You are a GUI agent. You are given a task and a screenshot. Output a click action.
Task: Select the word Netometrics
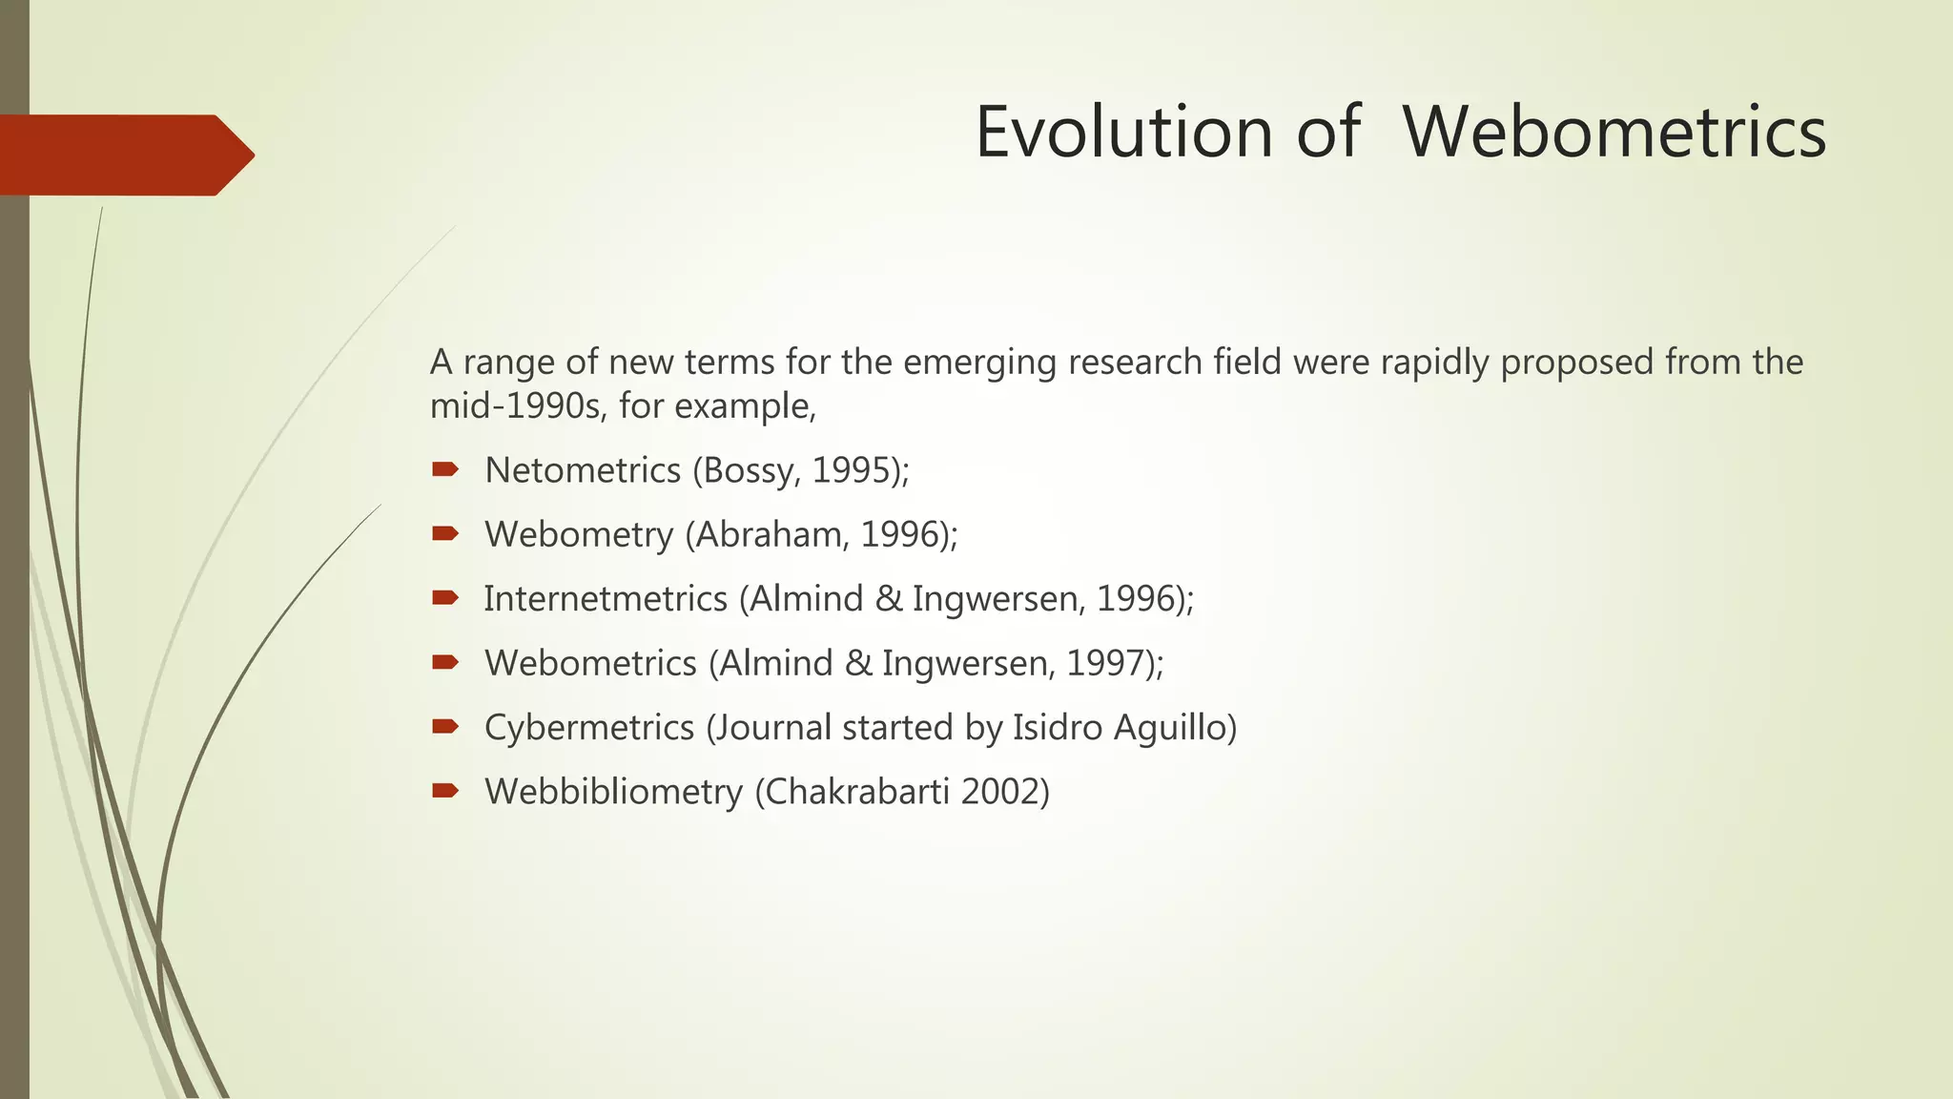[583, 470]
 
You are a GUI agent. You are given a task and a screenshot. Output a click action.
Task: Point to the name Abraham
[771, 534]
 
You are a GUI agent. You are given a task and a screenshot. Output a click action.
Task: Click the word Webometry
[579, 534]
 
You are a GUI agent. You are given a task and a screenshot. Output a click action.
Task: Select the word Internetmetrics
[606, 599]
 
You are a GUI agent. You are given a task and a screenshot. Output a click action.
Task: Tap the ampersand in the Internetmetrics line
[888, 599]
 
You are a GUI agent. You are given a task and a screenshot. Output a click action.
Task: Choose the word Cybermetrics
[589, 728]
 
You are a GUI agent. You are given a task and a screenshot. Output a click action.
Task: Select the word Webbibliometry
[613, 792]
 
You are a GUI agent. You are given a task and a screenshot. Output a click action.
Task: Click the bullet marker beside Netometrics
[445, 468]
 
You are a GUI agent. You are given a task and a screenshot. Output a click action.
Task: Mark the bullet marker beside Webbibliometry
[445, 790]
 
